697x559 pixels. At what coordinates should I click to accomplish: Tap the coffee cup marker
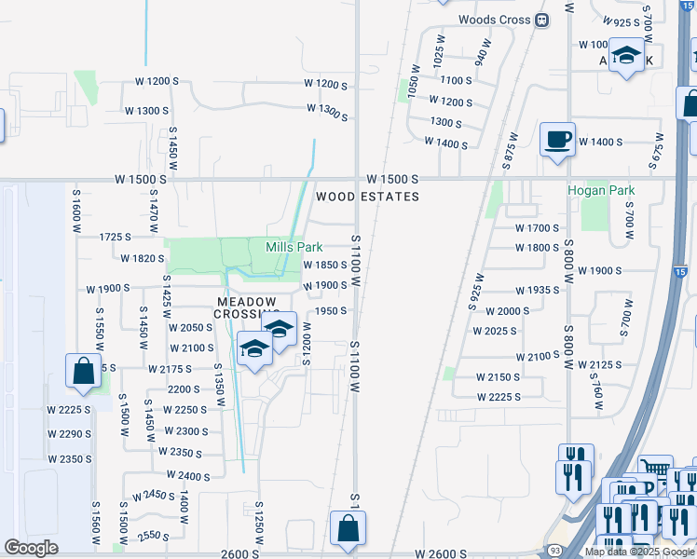557,140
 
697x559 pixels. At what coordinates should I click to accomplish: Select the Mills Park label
294,247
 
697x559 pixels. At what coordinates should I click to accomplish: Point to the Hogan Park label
601,190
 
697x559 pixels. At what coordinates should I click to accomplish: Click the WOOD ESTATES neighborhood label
367,197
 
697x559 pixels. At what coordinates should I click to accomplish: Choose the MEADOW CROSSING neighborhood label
247,307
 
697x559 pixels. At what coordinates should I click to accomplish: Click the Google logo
31,548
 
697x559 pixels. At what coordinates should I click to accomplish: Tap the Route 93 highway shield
553,552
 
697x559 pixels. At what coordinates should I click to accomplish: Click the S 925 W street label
479,291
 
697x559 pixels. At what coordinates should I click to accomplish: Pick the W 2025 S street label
496,331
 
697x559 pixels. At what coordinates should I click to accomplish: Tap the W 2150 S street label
499,377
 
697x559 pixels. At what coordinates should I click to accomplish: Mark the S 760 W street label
597,395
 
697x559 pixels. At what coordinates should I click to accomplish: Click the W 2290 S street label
70,434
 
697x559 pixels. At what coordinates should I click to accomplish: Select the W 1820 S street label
143,258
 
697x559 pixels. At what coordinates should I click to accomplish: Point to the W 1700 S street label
538,227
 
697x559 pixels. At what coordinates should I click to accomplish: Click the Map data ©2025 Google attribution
640,552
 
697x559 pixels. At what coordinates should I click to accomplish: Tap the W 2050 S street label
191,327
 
